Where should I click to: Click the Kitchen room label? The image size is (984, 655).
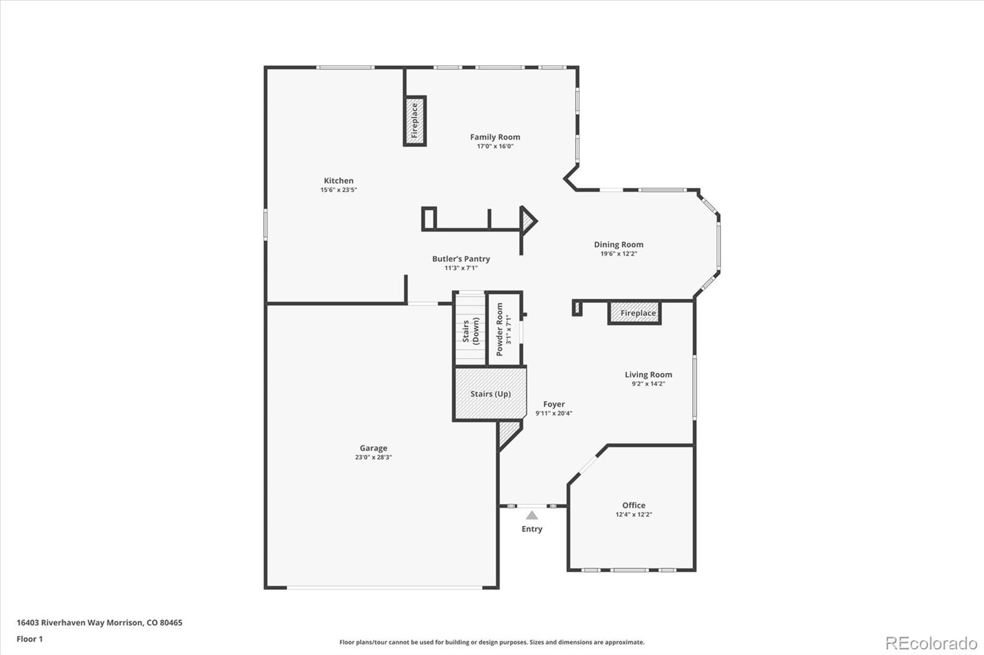[338, 181]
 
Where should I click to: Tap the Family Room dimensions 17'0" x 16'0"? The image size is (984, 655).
[495, 146]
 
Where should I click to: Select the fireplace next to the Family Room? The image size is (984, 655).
[415, 120]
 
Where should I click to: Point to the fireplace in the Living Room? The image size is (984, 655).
[634, 313]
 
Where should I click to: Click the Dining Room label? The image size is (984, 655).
[619, 245]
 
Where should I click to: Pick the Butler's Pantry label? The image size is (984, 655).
[461, 259]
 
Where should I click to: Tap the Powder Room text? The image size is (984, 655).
[499, 329]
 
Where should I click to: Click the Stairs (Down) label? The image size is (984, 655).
[470, 331]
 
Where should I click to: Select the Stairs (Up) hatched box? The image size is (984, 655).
[490, 394]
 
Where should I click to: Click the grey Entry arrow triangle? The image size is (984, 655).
[532, 515]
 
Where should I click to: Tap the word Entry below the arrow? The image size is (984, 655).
[532, 529]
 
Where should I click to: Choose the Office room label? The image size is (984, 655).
[633, 505]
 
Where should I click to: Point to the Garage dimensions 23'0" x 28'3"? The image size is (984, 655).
[373, 457]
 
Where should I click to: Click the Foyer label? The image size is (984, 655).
[553, 404]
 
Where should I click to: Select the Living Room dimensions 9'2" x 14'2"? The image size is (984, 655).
[648, 383]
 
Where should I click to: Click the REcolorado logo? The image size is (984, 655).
[931, 643]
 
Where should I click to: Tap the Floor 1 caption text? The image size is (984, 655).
[30, 639]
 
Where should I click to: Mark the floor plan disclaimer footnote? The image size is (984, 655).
[492, 642]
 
